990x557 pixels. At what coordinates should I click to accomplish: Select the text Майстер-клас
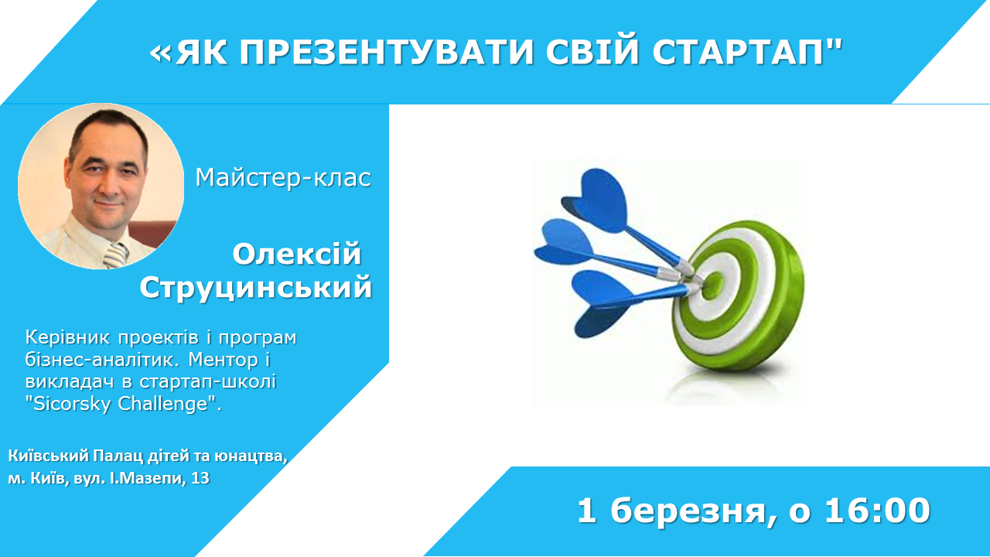click(283, 178)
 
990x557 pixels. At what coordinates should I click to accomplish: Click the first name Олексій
click(297, 254)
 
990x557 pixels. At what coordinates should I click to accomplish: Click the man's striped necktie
click(116, 255)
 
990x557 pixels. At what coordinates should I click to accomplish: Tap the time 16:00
click(878, 511)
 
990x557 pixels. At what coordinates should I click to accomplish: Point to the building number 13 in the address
click(200, 478)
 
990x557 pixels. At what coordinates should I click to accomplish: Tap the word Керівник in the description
click(67, 338)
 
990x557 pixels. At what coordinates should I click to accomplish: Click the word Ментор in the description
click(224, 360)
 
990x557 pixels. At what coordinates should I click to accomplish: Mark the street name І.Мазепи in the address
click(148, 478)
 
